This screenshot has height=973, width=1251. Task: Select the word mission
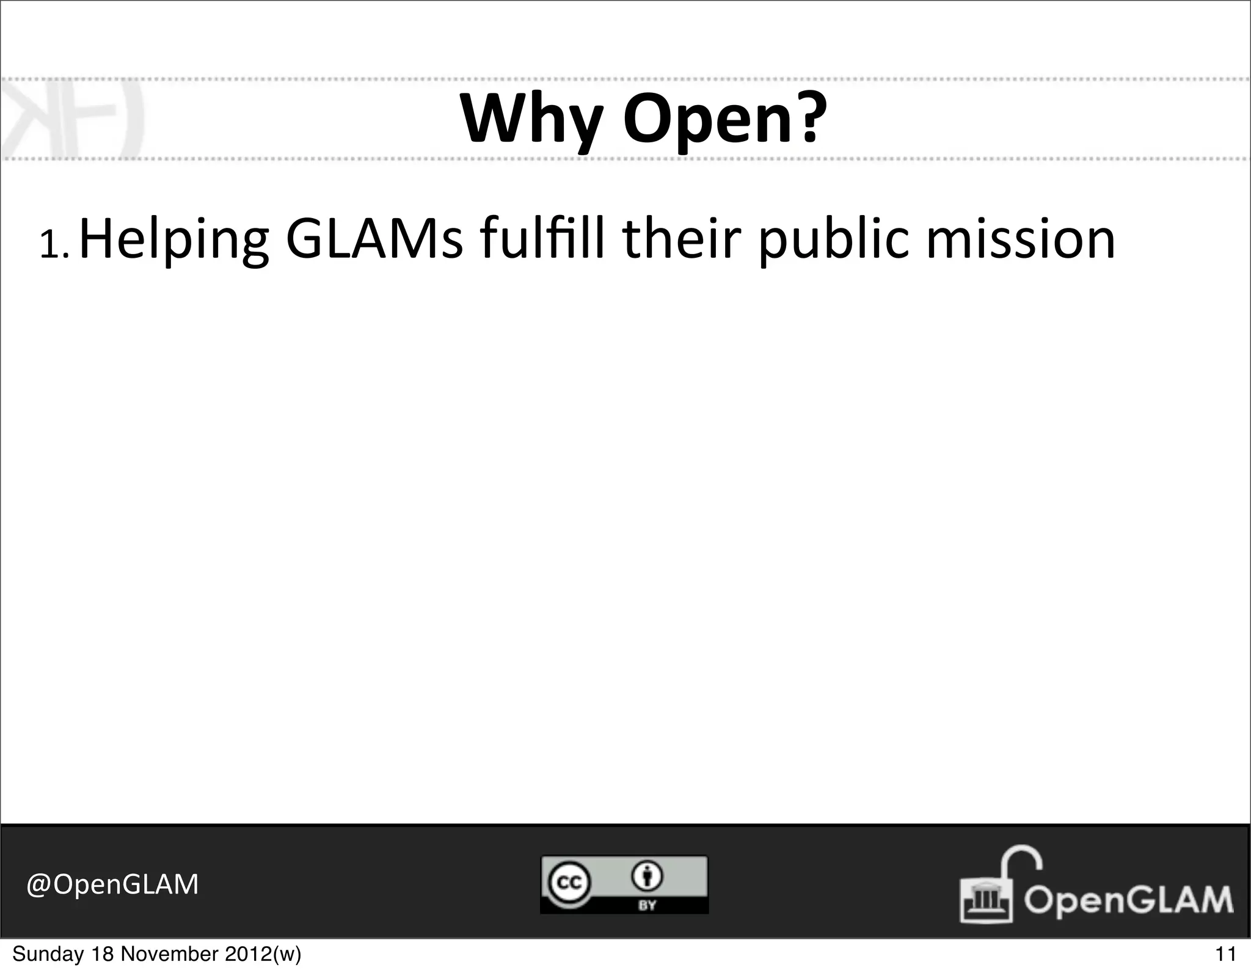(1021, 239)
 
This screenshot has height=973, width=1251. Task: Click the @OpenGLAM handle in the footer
(112, 884)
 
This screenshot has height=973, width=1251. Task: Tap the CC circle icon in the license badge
(567, 882)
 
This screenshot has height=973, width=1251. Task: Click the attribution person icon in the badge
(647, 876)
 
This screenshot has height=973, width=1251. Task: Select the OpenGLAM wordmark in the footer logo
(1129, 900)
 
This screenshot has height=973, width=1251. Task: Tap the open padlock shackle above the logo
(1021, 859)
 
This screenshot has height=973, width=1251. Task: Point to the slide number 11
(1225, 954)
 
